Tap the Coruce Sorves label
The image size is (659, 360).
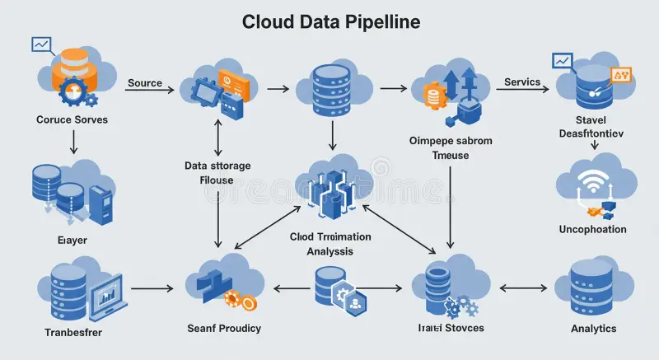pos(72,119)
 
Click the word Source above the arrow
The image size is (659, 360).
pos(144,83)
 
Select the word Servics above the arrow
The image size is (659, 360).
pos(521,82)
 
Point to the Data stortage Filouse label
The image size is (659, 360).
pos(217,172)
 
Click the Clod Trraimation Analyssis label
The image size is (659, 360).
pos(330,243)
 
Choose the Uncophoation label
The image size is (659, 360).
pos(592,229)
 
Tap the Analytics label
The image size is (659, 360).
pos(593,328)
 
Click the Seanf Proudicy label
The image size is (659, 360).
pos(224,328)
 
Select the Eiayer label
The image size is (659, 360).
pos(72,240)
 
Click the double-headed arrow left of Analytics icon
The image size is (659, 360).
pos(524,288)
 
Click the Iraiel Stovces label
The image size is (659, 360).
pos(450,328)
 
